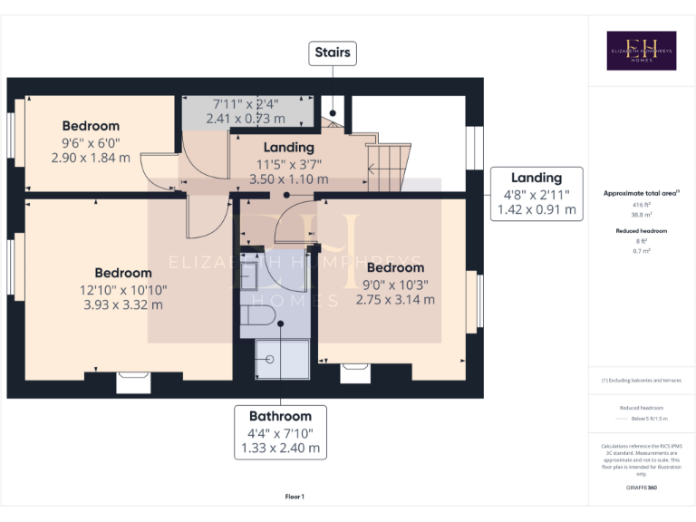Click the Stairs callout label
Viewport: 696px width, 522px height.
click(332, 53)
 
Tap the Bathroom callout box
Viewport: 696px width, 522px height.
click(280, 431)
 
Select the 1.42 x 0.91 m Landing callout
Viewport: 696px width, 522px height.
click(536, 194)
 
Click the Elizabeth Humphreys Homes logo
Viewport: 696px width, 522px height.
click(641, 51)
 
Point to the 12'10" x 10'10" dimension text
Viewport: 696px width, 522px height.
click(123, 290)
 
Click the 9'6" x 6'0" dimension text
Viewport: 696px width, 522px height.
click(91, 142)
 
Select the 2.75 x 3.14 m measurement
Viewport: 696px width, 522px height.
click(395, 299)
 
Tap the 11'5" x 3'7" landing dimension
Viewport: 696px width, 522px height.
click(288, 164)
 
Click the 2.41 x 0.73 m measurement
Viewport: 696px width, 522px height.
click(246, 118)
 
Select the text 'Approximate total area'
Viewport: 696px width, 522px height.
click(640, 193)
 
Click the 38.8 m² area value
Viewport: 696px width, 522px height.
click(641, 215)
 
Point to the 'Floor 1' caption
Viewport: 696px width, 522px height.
click(295, 497)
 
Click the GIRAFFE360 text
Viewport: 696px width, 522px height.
click(641, 488)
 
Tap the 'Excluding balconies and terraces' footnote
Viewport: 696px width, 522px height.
click(641, 380)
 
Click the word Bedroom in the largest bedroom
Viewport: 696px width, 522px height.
click(123, 273)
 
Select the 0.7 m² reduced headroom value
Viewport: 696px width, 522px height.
click(641, 250)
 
